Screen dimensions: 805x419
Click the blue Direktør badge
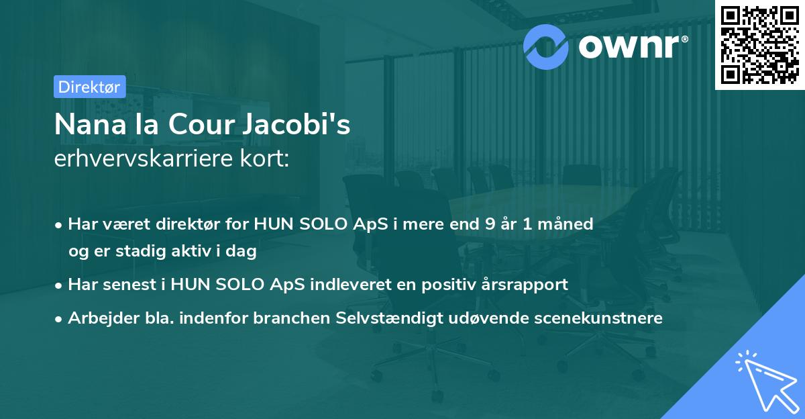point(90,87)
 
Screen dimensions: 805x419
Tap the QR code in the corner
point(759,45)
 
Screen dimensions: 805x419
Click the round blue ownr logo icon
point(545,47)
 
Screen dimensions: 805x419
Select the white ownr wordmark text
point(629,47)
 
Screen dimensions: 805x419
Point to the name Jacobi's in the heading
point(296,124)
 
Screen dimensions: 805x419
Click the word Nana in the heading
point(91,125)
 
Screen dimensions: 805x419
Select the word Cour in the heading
point(202,125)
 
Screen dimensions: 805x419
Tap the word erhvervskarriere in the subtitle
point(144,158)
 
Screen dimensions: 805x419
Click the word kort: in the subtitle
point(264,158)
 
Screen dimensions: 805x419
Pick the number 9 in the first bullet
point(490,224)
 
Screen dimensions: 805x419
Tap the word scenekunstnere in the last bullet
point(598,318)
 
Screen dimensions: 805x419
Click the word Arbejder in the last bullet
point(103,318)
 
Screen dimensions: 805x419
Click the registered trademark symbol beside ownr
point(685,39)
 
